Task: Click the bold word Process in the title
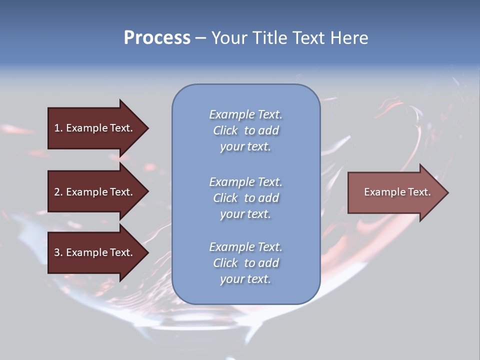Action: coord(157,38)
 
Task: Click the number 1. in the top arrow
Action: coord(58,128)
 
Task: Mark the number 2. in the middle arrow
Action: coord(58,192)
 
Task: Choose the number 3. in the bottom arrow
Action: coord(58,252)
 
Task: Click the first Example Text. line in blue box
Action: coord(245,114)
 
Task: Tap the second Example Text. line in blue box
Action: coord(245,181)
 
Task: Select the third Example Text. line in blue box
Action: coord(245,247)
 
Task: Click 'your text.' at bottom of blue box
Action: coord(245,279)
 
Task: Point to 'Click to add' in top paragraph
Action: coord(245,130)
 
